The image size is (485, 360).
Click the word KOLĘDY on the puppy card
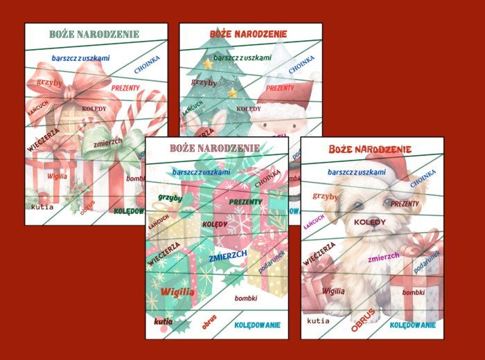(369, 222)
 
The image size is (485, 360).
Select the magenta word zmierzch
(383, 257)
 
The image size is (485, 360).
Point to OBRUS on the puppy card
(363, 320)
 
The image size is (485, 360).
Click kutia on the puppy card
(318, 321)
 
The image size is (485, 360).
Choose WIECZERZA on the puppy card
(319, 253)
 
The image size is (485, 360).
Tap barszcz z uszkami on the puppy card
(356, 172)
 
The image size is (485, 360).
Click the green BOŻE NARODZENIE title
(94, 34)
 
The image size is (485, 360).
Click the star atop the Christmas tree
(207, 64)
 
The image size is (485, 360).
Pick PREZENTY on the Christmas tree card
(280, 88)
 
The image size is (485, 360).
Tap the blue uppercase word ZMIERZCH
(228, 255)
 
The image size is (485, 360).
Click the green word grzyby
(170, 197)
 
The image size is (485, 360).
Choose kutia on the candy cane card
(42, 206)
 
